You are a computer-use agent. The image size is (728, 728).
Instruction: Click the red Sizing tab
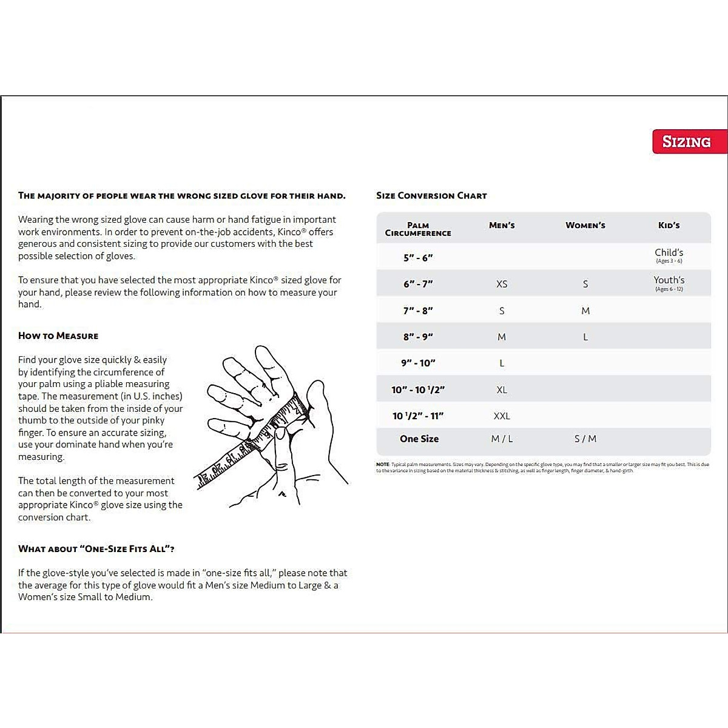pyautogui.click(x=688, y=142)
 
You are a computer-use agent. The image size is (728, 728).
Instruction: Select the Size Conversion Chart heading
pyautogui.click(x=431, y=195)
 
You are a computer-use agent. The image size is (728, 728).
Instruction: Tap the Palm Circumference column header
pyautogui.click(x=418, y=229)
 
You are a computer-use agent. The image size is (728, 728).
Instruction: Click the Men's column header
pyautogui.click(x=502, y=225)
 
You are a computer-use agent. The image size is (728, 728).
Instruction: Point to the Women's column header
pyautogui.click(x=585, y=225)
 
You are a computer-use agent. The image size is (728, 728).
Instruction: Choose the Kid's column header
pyautogui.click(x=669, y=225)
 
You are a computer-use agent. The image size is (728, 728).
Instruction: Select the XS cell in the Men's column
pyautogui.click(x=502, y=284)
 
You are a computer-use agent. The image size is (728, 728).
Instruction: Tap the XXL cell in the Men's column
pyautogui.click(x=502, y=416)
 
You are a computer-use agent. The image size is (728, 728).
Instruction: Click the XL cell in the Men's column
pyautogui.click(x=502, y=389)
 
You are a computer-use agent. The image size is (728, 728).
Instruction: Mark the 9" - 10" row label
pyautogui.click(x=418, y=363)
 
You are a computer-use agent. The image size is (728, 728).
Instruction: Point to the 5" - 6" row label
pyautogui.click(x=418, y=258)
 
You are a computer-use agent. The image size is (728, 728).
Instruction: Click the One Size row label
pyautogui.click(x=419, y=439)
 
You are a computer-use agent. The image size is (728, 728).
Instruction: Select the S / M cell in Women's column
pyautogui.click(x=585, y=439)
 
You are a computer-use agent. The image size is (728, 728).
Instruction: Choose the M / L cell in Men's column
pyautogui.click(x=502, y=439)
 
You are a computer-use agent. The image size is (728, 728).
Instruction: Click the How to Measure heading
pyautogui.click(x=58, y=335)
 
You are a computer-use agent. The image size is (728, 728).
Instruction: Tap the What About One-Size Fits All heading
pyautogui.click(x=96, y=548)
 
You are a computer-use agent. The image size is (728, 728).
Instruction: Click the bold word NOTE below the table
pyautogui.click(x=383, y=465)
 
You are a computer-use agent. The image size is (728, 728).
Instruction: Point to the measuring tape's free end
pyautogui.click(x=200, y=482)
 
